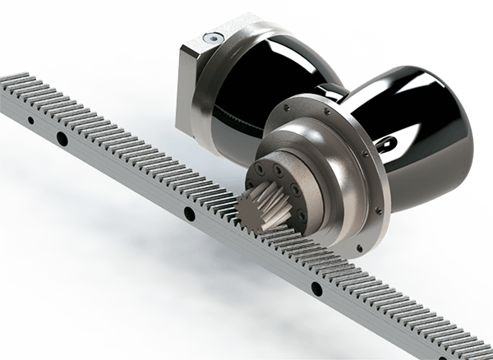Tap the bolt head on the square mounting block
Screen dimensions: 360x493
point(213,38)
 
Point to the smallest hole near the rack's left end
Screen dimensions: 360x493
point(30,120)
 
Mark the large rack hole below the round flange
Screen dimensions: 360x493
point(316,288)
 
